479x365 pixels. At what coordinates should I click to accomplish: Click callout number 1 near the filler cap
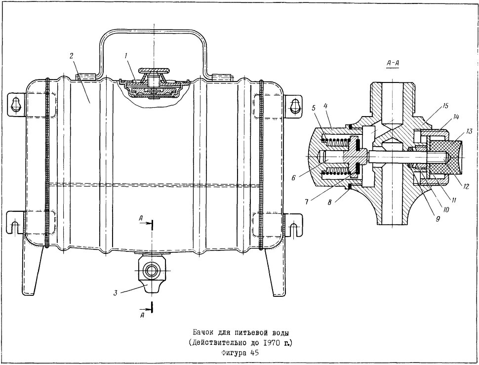126,56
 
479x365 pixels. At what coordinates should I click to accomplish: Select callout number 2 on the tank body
71,56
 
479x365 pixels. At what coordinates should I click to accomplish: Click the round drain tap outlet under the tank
151,270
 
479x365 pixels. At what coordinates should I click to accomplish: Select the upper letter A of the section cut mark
140,218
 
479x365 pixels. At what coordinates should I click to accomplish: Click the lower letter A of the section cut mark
142,316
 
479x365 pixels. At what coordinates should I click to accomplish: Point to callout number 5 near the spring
314,108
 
